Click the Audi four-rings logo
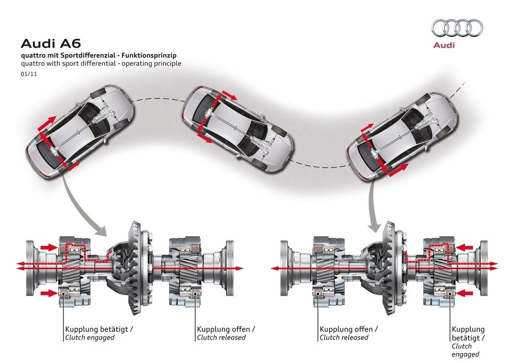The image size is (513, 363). pyautogui.click(x=457, y=28)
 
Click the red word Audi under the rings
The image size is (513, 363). pyautogui.click(x=444, y=45)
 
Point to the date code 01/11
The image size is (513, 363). pyautogui.click(x=27, y=74)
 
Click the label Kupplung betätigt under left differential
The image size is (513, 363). pyautogui.click(x=99, y=329)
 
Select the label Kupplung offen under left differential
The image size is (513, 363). pyautogui.click(x=226, y=329)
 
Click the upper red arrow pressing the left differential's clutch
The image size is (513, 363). pyautogui.click(x=48, y=246)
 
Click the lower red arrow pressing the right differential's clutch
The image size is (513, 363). pyautogui.click(x=466, y=291)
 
